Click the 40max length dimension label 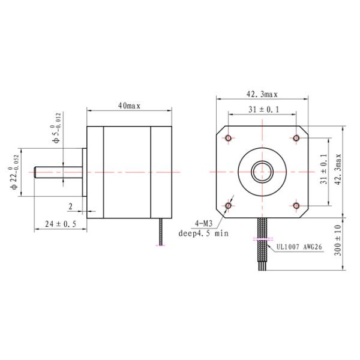point(129,106)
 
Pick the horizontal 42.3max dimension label point(262,94)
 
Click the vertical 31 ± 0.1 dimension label point(324,172)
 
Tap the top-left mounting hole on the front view point(228,139)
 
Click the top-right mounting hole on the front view point(296,139)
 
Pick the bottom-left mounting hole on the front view point(228,206)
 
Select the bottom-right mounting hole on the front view point(296,206)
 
